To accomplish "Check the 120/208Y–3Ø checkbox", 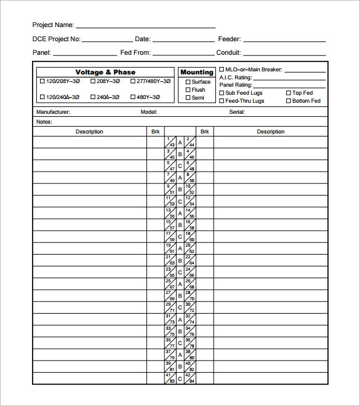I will (x=42, y=81).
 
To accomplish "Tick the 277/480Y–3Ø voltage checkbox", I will (x=133, y=81).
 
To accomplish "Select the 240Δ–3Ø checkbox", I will (x=93, y=97).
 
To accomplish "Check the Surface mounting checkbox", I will (x=188, y=82).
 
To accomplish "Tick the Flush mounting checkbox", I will (x=188, y=90).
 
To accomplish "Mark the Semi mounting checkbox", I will (x=188, y=98).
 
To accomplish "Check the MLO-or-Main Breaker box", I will (x=222, y=70).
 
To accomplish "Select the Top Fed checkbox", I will (x=288, y=94).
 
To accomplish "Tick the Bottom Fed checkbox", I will (x=288, y=101).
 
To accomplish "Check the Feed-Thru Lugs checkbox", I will (x=222, y=101).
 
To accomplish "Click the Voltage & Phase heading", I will (x=105, y=73).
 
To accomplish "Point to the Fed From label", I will (x=135, y=53).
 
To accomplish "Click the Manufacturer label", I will (x=53, y=112).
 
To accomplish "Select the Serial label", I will (x=237, y=112).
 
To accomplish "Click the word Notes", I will (x=44, y=122).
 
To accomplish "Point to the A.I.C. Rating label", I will (x=236, y=78).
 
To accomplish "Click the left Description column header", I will (x=89, y=132).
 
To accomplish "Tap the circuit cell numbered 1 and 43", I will (x=170, y=142).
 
